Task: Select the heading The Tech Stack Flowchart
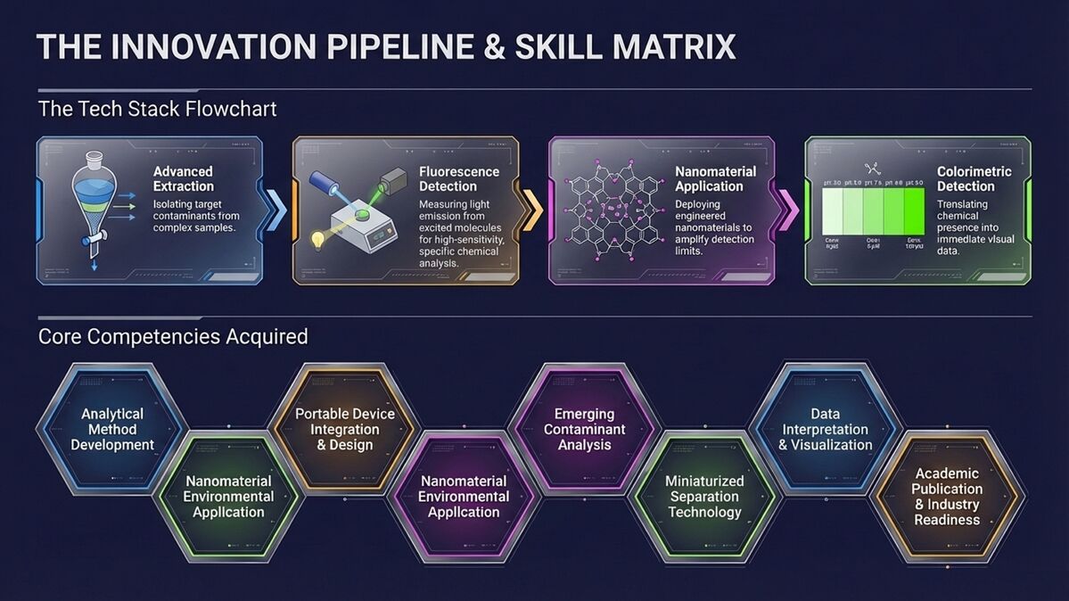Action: [x=157, y=109]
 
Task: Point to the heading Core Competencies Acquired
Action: [x=173, y=336]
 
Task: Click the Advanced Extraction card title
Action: [x=183, y=178]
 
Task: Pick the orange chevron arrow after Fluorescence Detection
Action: [x=531, y=210]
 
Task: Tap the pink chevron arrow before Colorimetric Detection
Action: [x=787, y=210]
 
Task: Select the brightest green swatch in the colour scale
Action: [x=914, y=210]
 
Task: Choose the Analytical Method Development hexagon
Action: [x=112, y=430]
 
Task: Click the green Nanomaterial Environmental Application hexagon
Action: [x=228, y=497]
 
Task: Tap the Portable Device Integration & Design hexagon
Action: [x=344, y=430]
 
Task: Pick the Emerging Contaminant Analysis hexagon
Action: [x=584, y=429]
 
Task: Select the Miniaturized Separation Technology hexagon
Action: [x=704, y=497]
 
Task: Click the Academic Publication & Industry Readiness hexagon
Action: [x=947, y=497]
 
